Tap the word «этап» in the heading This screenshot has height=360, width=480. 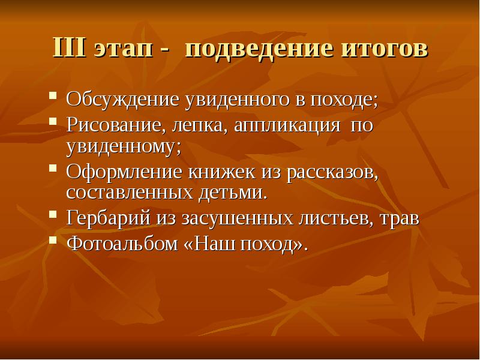(124, 50)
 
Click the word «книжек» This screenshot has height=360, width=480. (224, 173)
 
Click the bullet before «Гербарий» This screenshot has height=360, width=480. (53, 214)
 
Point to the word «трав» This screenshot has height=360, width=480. (399, 218)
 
